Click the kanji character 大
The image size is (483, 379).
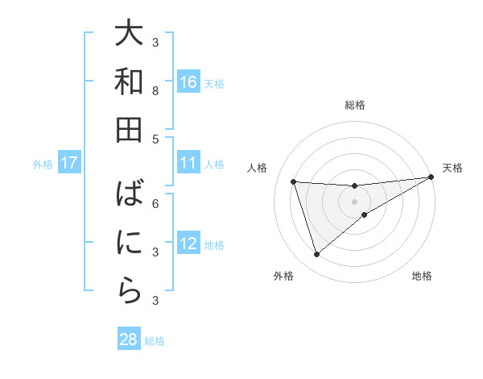click(x=129, y=35)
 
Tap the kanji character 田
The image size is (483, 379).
click(x=129, y=131)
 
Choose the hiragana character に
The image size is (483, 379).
click(x=129, y=243)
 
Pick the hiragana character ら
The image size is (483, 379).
click(x=129, y=291)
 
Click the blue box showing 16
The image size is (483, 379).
click(x=188, y=82)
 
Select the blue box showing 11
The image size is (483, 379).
click(x=188, y=164)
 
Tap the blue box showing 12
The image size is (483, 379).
click(x=188, y=244)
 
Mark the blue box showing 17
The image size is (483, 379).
click(x=69, y=164)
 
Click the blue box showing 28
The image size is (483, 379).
click(x=129, y=339)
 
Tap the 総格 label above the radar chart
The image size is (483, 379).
click(x=354, y=105)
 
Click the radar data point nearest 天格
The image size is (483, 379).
click(x=431, y=177)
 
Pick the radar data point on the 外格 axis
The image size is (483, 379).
click(x=316, y=255)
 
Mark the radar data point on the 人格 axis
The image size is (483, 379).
click(x=294, y=181)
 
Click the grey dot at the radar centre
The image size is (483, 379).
click(x=354, y=201)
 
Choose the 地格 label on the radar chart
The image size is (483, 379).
click(x=422, y=277)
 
